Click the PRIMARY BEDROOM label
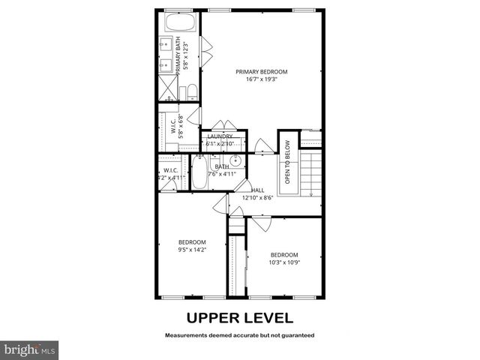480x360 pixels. (x=261, y=72)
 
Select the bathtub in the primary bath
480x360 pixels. (x=179, y=23)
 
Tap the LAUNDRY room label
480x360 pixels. (x=220, y=136)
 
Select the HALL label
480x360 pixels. (x=258, y=190)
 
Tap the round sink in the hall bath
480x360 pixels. (x=235, y=160)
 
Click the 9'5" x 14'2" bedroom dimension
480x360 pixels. (x=192, y=250)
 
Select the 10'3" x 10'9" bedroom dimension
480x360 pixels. (x=284, y=262)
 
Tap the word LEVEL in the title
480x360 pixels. (x=267, y=317)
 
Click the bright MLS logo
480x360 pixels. (x=29, y=349)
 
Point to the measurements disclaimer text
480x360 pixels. (x=239, y=334)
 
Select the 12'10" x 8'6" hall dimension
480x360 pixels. (x=258, y=198)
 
